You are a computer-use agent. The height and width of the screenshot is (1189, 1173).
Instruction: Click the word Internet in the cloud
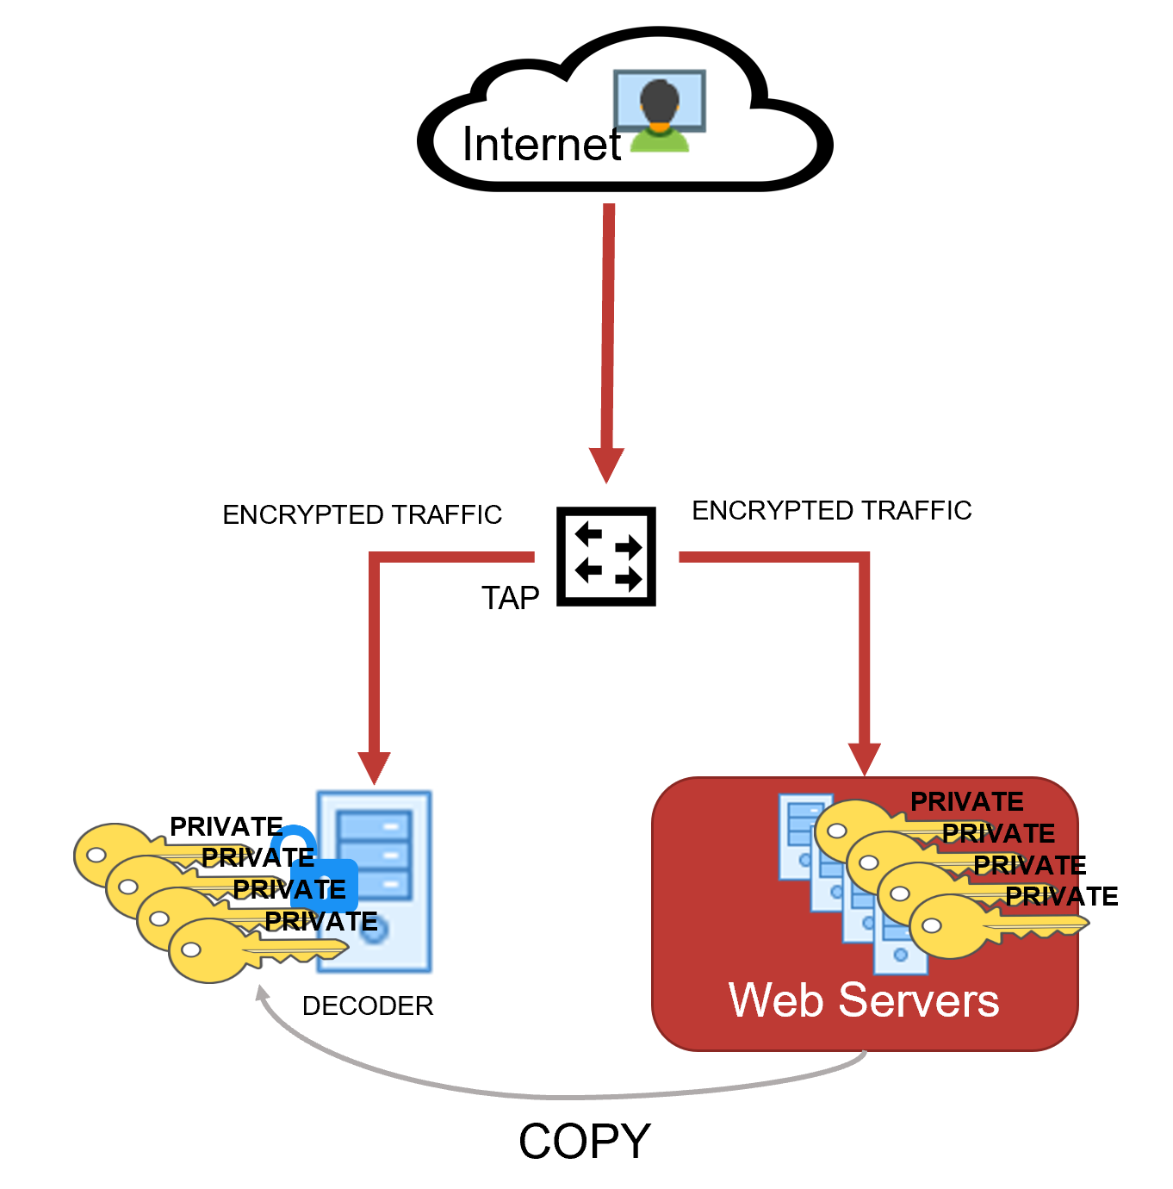[x=541, y=145]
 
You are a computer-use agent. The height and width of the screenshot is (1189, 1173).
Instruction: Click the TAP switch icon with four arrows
[x=606, y=557]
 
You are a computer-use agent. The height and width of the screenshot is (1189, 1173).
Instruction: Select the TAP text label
[x=510, y=598]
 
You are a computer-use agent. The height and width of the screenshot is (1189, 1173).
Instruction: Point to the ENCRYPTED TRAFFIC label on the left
[x=362, y=515]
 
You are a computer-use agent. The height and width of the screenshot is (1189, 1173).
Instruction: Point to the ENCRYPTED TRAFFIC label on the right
[x=831, y=511]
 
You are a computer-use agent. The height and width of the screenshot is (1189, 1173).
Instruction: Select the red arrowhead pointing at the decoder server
[x=374, y=766]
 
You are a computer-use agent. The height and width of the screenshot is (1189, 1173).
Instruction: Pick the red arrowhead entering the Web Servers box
[x=864, y=758]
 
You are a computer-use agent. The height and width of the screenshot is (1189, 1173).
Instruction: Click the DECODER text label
[x=368, y=1005]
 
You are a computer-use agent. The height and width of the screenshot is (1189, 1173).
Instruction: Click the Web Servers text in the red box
[x=864, y=1000]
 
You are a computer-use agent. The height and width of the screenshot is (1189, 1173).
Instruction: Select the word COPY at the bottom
[x=584, y=1142]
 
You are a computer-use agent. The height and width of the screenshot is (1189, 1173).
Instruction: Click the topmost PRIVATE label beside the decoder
[x=226, y=826]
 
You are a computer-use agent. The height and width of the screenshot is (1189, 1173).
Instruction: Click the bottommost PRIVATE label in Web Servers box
[x=1061, y=897]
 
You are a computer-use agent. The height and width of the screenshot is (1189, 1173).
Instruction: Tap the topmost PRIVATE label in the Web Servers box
[x=966, y=802]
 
